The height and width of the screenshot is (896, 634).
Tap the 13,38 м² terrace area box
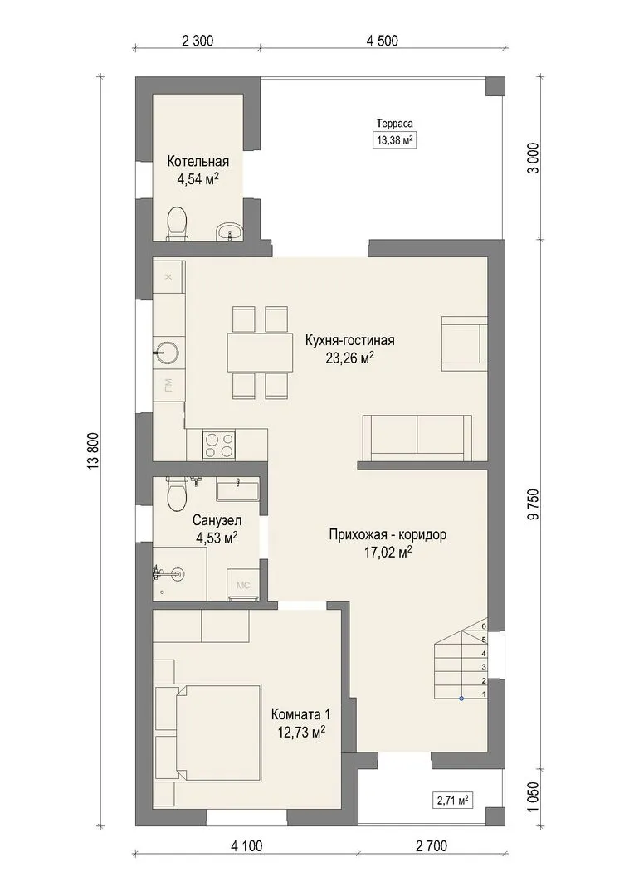click(x=394, y=140)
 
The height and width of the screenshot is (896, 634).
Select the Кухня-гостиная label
click(x=350, y=341)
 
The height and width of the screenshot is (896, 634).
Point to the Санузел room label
click(x=217, y=520)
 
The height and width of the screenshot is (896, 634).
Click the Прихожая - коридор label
click(x=388, y=535)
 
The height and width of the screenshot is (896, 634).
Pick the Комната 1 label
click(x=300, y=714)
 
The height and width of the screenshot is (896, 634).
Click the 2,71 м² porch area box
click(x=453, y=800)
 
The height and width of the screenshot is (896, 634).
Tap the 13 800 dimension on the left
click(x=95, y=451)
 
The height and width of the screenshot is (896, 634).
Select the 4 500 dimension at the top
click(x=382, y=41)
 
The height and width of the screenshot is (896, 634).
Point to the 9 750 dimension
click(x=534, y=505)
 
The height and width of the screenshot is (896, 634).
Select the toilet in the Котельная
click(x=178, y=223)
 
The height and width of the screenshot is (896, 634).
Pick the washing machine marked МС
click(x=243, y=585)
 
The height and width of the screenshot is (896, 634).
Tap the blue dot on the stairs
click(x=461, y=699)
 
